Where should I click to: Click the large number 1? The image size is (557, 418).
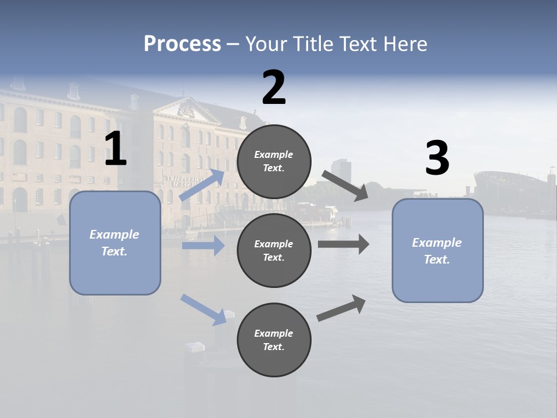click(115, 150)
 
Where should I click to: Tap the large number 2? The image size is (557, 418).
click(274, 88)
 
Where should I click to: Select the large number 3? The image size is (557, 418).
click(437, 158)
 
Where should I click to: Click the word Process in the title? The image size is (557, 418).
click(182, 44)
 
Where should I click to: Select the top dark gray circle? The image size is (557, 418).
click(274, 161)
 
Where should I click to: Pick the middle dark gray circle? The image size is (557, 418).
click(274, 251)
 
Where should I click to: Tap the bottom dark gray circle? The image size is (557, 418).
click(274, 340)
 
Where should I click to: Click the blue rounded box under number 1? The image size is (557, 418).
click(115, 243)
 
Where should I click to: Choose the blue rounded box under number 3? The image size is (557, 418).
click(437, 251)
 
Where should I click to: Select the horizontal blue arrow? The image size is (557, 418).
click(203, 246)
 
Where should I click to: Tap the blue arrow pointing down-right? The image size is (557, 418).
click(203, 309)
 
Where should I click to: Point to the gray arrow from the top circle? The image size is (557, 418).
click(343, 186)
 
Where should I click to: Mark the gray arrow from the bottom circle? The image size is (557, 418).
click(341, 308)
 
